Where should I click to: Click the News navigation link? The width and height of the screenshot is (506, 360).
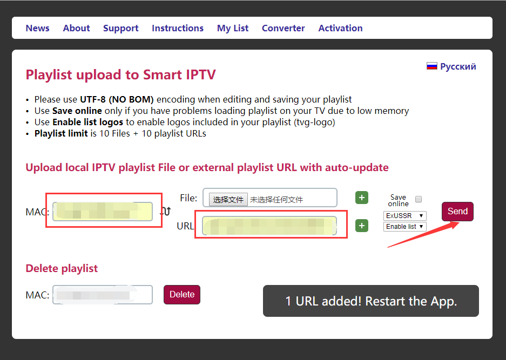pyautogui.click(x=37, y=28)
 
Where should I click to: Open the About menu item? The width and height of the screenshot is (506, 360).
pyautogui.click(x=76, y=28)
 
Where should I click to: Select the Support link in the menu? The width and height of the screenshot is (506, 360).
pyautogui.click(x=120, y=28)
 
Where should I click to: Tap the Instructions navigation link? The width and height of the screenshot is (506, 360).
pyautogui.click(x=178, y=28)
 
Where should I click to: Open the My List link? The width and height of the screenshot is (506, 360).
pyautogui.click(x=233, y=28)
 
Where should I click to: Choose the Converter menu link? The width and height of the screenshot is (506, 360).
pyautogui.click(x=283, y=28)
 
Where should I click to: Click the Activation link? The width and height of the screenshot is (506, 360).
pyautogui.click(x=340, y=28)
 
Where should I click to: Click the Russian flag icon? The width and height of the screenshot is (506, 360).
pyautogui.click(x=432, y=66)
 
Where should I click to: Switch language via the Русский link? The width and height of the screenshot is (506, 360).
pyautogui.click(x=458, y=66)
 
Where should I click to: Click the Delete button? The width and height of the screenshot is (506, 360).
pyautogui.click(x=182, y=295)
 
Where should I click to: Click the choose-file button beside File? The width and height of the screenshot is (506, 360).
pyautogui.click(x=228, y=199)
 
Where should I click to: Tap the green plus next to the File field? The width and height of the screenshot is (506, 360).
pyautogui.click(x=362, y=198)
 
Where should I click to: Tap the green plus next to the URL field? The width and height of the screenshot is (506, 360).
pyautogui.click(x=362, y=226)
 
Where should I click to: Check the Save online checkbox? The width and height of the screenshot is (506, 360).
pyautogui.click(x=419, y=199)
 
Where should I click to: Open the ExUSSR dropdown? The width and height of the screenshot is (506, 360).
pyautogui.click(x=405, y=215)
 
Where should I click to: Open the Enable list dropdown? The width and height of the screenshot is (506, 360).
pyautogui.click(x=405, y=227)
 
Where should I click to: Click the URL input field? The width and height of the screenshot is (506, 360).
pyautogui.click(x=269, y=226)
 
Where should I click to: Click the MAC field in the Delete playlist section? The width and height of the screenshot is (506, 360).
pyautogui.click(x=102, y=295)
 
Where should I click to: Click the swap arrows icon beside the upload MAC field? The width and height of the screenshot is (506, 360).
pyautogui.click(x=166, y=212)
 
